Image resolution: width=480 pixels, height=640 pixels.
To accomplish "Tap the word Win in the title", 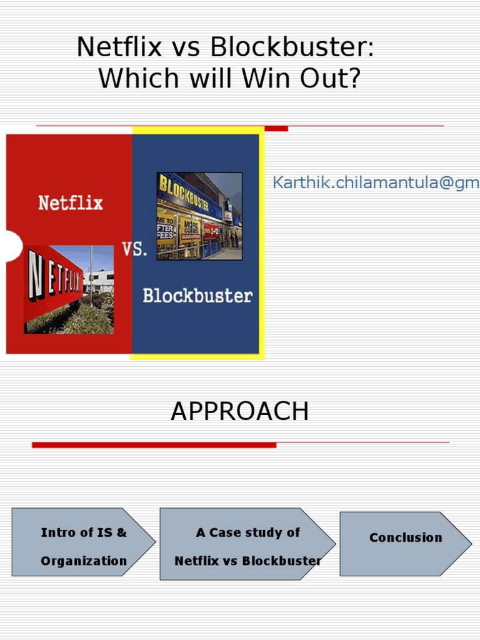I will [x=267, y=79].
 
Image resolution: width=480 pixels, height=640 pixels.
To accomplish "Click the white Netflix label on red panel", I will [x=71, y=203].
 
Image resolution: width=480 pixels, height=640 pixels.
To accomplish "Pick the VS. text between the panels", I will [x=134, y=249].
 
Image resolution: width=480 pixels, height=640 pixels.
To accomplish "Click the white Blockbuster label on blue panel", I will [x=197, y=296].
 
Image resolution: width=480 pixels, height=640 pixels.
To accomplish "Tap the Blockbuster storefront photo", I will [x=199, y=216].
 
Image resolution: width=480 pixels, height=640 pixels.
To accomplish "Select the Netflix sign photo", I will [x=69, y=289].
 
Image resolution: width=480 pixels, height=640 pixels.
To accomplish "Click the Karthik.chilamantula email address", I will [x=376, y=182].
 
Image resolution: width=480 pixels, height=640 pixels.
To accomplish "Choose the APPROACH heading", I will [x=240, y=411].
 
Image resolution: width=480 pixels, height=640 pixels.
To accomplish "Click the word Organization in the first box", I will [x=84, y=561].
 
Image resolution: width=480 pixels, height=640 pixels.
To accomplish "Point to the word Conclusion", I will [x=405, y=537].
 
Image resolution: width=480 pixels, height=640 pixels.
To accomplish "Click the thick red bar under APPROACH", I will [x=154, y=445].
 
